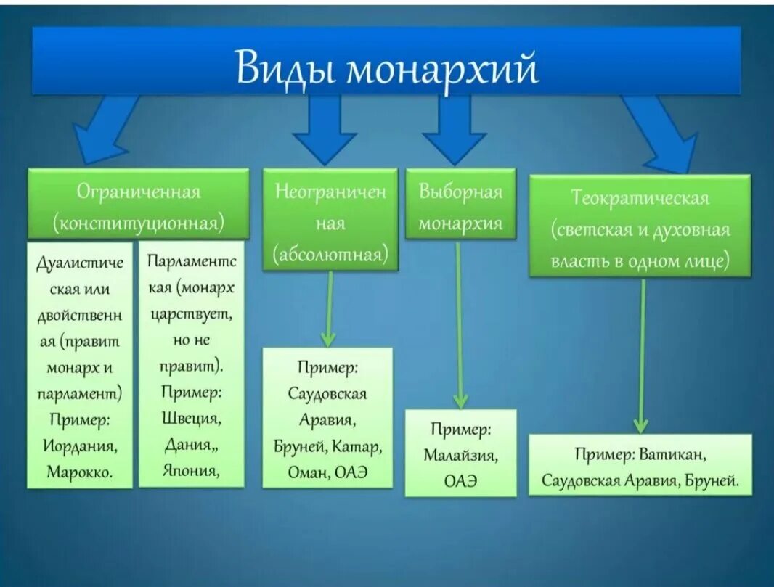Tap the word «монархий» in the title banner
[x=442, y=70]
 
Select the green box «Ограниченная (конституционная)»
[x=138, y=205]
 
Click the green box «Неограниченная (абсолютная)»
[x=330, y=220]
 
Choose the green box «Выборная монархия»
[x=460, y=205]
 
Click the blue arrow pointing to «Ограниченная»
[x=106, y=131]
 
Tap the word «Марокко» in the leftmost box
[x=79, y=471]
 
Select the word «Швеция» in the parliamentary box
[x=192, y=419]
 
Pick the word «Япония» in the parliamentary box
[x=192, y=470]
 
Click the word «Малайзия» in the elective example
[x=460, y=456]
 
